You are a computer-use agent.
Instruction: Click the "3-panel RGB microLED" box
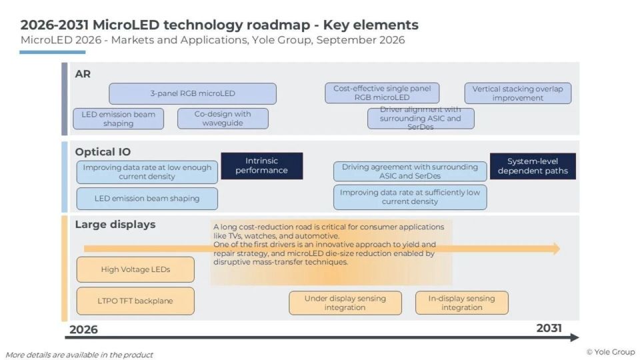[193, 93]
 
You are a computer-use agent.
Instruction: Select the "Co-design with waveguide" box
[223, 119]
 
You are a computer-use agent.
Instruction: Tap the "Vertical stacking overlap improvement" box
[517, 93]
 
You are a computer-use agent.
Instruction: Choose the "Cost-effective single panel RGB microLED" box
[382, 93]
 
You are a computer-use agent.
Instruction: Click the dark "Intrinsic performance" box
[261, 166]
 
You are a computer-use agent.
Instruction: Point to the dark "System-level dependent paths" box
[533, 166]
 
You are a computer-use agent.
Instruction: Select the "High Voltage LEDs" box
[135, 269]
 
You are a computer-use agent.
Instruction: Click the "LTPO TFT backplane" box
[135, 301]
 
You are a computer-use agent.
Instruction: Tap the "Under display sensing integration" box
[345, 303]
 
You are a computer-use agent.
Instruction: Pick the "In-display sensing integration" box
[461, 303]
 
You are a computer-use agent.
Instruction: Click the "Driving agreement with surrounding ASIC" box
[410, 171]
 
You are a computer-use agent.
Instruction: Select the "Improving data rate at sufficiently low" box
[410, 197]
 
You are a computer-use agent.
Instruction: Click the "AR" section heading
[83, 74]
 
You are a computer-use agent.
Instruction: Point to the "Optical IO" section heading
[103, 152]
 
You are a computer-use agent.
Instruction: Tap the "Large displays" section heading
[115, 225]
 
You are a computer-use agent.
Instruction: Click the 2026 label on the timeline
[84, 329]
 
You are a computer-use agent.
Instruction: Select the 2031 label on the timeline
[549, 328]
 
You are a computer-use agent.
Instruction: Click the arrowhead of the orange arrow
[557, 249]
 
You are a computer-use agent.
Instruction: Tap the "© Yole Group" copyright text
[611, 352]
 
